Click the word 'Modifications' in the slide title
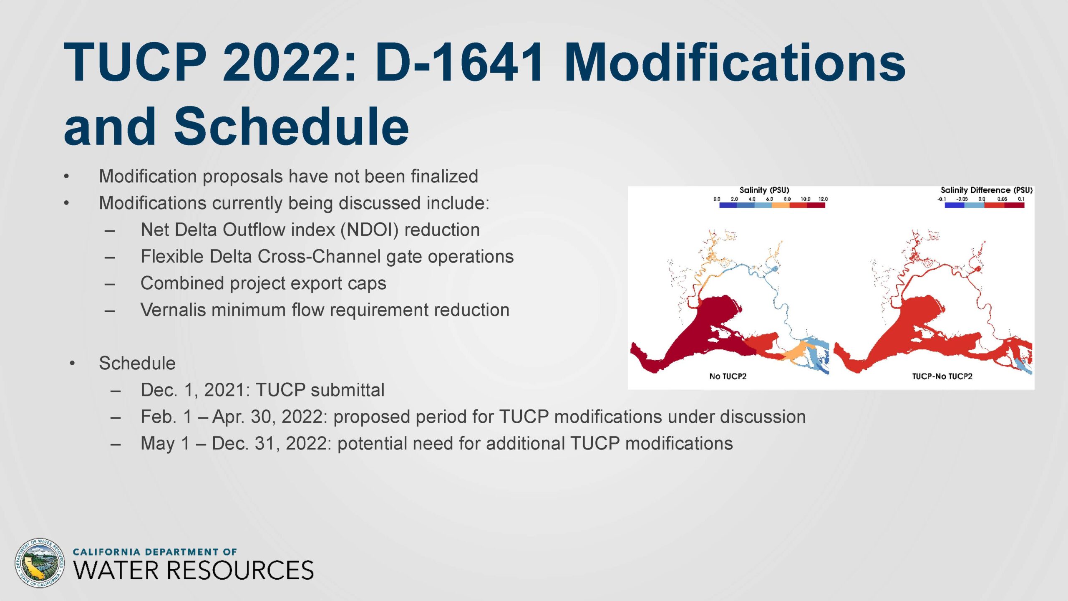point(735,63)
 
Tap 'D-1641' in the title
point(459,63)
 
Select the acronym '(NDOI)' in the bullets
point(370,230)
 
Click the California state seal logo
point(39,563)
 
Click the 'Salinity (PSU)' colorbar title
point(764,190)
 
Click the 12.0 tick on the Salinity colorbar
point(823,199)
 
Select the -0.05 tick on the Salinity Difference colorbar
point(962,199)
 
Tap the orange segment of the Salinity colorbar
point(781,205)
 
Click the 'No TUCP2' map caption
point(728,376)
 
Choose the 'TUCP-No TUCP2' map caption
point(942,376)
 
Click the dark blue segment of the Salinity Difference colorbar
point(955,205)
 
